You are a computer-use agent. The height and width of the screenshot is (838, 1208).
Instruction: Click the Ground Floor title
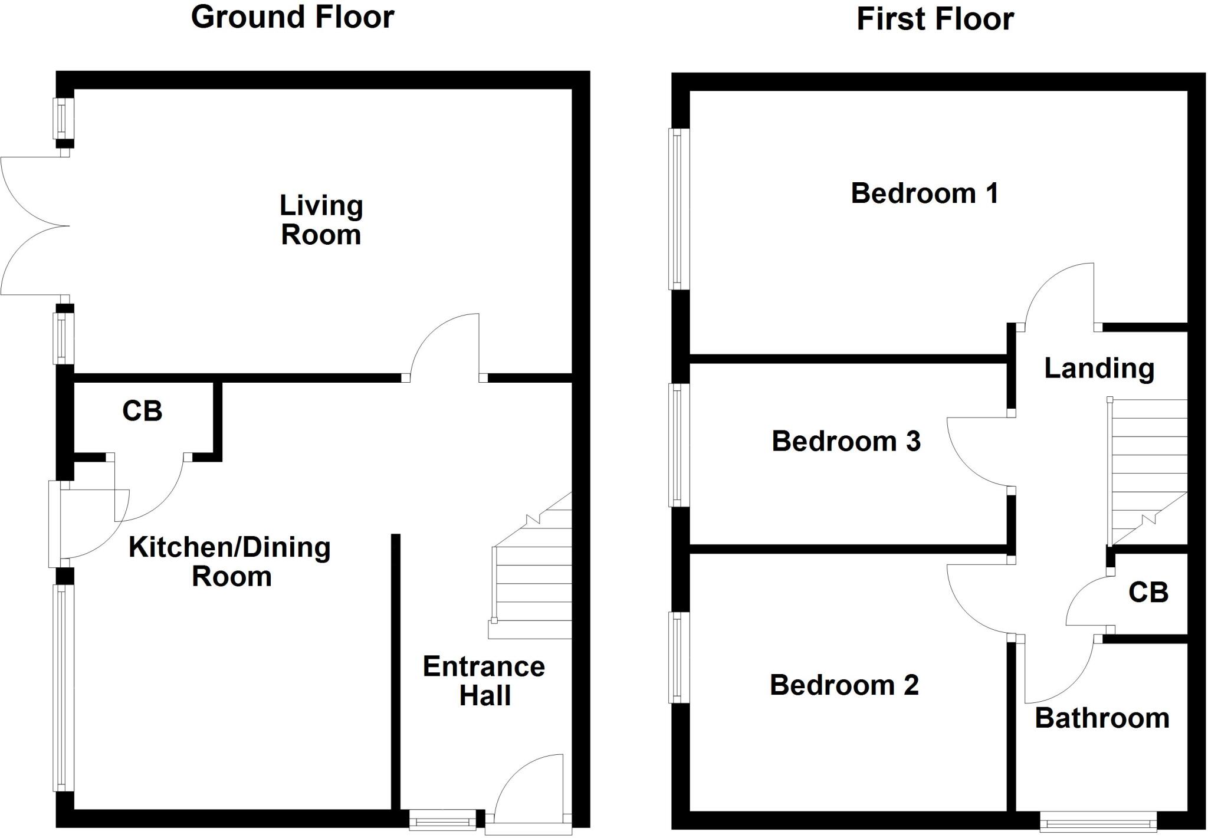coord(293,17)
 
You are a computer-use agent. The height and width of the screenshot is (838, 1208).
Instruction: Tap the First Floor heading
coord(935,19)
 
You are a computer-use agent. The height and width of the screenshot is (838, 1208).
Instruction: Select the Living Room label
coord(321,220)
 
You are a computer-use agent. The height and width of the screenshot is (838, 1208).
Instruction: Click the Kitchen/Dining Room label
coord(230,561)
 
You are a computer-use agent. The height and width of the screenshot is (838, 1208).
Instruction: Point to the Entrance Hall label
coord(484,681)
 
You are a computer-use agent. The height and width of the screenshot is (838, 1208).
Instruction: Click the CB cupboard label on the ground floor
coord(142,411)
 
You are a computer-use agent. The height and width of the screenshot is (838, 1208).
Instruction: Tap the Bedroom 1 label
coord(924,193)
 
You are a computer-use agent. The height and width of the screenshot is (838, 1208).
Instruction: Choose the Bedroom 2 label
coord(844,685)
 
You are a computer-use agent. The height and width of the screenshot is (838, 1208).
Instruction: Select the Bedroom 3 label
coord(846,441)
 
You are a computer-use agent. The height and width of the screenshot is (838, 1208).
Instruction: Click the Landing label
coord(1099,369)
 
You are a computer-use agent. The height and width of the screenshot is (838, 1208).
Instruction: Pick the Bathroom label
coord(1102,718)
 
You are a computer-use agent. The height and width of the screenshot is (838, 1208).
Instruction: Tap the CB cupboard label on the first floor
coord(1148,593)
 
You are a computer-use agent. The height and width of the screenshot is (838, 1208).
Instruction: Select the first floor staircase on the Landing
coord(1147,472)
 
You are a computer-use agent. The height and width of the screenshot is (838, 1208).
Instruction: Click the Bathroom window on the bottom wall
coord(1098,821)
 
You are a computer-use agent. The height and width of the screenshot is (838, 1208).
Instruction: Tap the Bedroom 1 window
coord(678,209)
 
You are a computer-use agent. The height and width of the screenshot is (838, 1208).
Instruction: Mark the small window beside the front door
coord(442,819)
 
